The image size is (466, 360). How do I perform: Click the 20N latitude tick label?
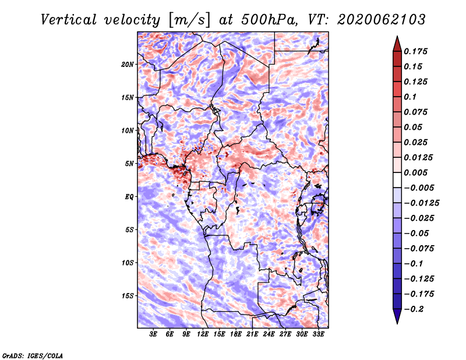tap(128, 65)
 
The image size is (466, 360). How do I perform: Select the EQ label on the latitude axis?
tap(129, 197)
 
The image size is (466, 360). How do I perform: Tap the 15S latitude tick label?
tap(128, 296)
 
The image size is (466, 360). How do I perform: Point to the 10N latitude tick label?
tap(128, 130)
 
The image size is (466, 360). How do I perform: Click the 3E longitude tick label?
tap(153, 334)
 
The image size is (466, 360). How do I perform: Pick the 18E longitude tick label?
tap(236, 334)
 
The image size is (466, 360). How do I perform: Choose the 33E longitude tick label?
tap(318, 334)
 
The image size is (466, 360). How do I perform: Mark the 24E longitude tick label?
tap(269, 334)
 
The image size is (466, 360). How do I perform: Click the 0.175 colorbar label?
tap(415, 51)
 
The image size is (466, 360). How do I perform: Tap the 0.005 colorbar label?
tap(415, 172)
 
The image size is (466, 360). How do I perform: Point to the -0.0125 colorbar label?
tap(422, 203)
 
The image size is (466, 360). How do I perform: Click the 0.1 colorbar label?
tap(411, 97)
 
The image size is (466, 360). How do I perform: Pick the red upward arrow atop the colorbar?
tap(397, 44)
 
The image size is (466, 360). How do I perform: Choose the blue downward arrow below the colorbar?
tap(397, 316)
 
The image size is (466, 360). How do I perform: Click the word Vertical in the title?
tap(69, 20)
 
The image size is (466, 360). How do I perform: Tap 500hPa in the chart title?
tap(269, 20)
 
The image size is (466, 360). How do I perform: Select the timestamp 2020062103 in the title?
tap(382, 20)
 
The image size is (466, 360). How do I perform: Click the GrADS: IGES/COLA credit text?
tap(33, 356)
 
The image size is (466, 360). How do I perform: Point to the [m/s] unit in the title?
tap(189, 20)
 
